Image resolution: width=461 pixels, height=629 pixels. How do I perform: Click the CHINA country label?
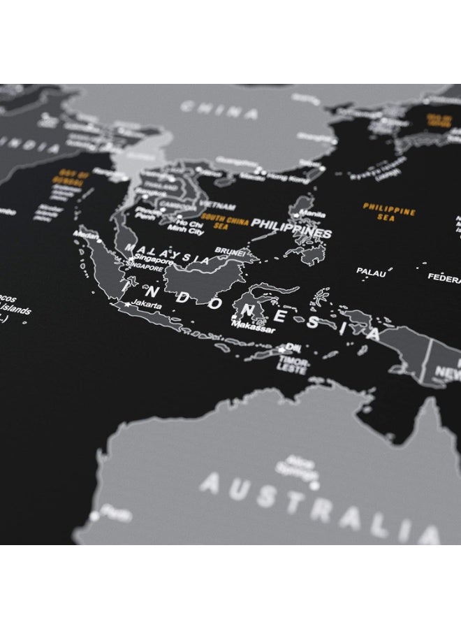click(x=219, y=110)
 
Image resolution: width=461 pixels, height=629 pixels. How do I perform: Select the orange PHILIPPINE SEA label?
click(x=389, y=212)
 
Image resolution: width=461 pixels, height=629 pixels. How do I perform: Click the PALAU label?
click(x=371, y=272)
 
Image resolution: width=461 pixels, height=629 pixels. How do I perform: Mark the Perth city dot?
click(x=95, y=516)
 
